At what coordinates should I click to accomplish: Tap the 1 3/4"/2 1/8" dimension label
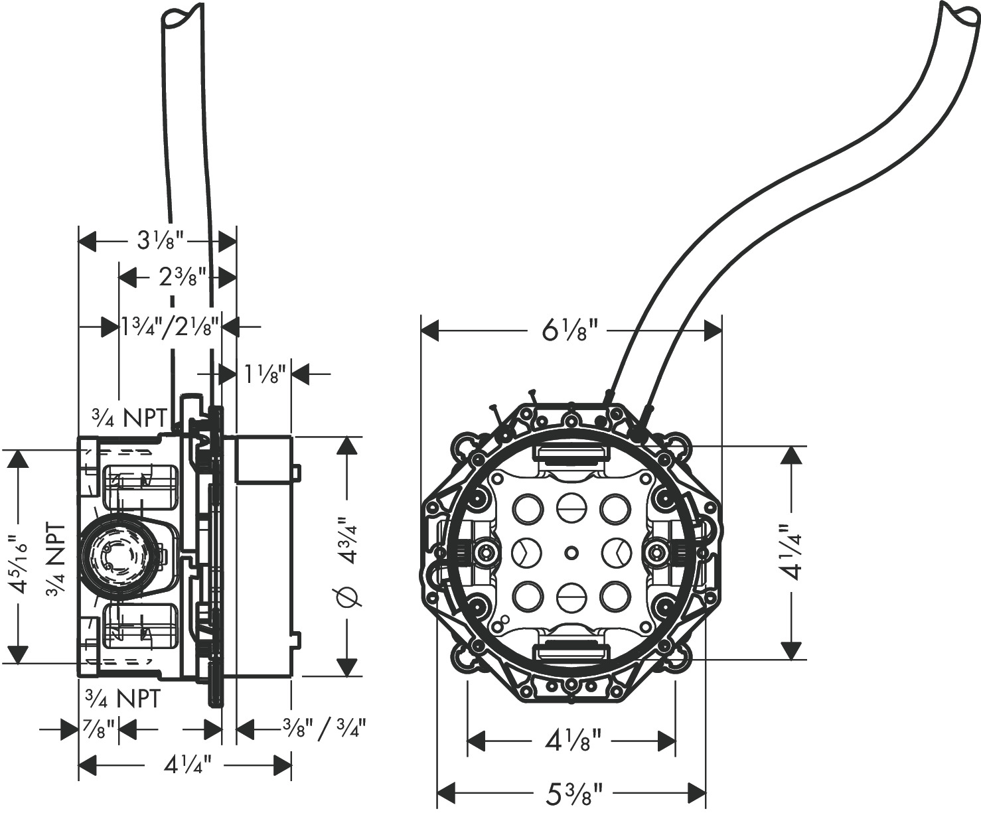pos(170,326)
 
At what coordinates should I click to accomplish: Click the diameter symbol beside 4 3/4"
pos(348,597)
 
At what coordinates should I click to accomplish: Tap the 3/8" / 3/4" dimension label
pos(324,729)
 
